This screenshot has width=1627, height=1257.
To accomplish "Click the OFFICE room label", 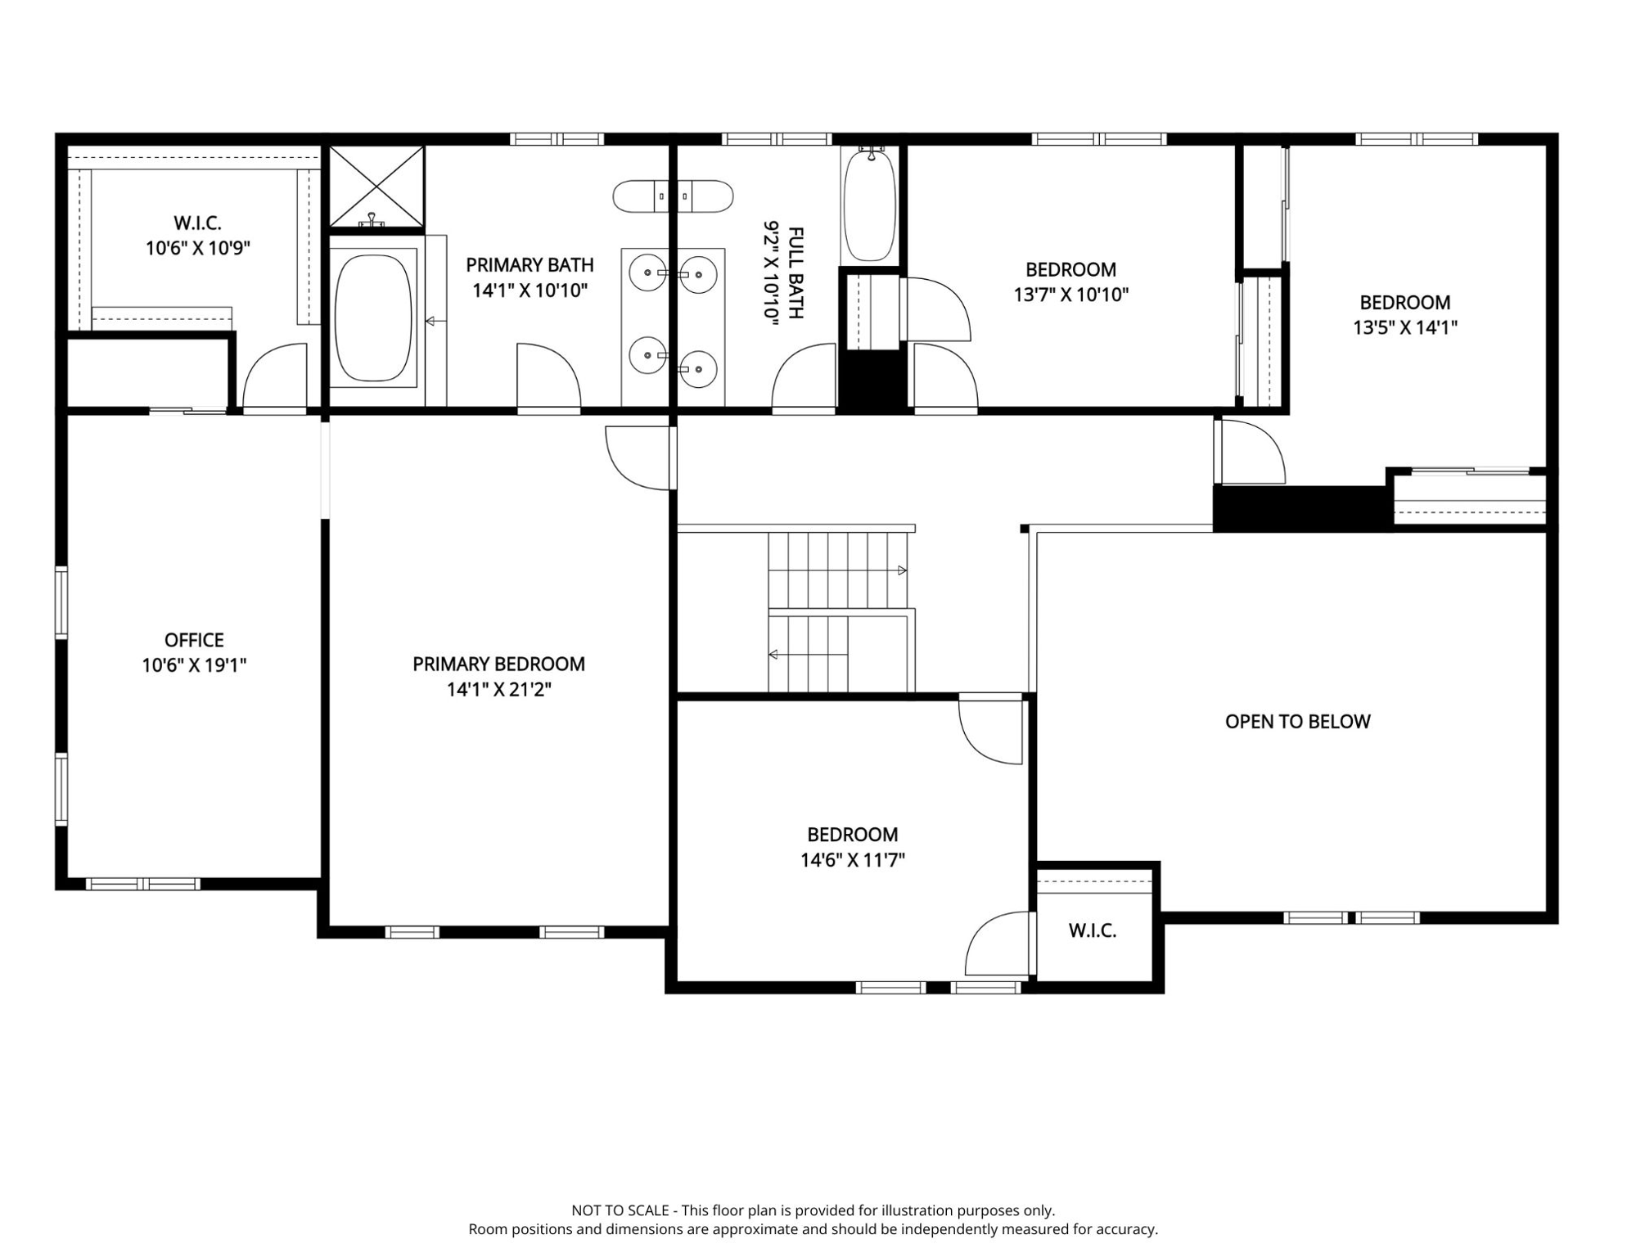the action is pyautogui.click(x=194, y=640).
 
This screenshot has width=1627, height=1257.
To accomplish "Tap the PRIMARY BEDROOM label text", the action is pyautogui.click(x=498, y=665).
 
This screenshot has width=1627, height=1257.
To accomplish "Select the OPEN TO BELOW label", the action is pyautogui.click(x=1297, y=722).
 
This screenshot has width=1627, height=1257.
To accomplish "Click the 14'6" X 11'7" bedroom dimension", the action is pyautogui.click(x=853, y=860).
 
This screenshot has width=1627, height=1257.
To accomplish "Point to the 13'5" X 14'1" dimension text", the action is pyautogui.click(x=1405, y=327).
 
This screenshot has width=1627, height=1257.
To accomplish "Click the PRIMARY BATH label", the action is pyautogui.click(x=530, y=265).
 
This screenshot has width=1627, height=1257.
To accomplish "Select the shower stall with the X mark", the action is pyautogui.click(x=376, y=186).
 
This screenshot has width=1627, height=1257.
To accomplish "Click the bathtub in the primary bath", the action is pyautogui.click(x=373, y=318).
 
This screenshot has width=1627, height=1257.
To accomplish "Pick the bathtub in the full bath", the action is pyautogui.click(x=870, y=205).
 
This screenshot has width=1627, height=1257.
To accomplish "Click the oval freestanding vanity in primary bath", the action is pyautogui.click(x=673, y=196).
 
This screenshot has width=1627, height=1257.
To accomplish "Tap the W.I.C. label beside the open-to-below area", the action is pyautogui.click(x=1093, y=930).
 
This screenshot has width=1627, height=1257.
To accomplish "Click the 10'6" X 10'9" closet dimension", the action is pyautogui.click(x=198, y=248).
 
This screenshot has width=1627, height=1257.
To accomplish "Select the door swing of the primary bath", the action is pyautogui.click(x=548, y=376).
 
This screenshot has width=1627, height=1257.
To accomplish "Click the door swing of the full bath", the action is pyautogui.click(x=804, y=376).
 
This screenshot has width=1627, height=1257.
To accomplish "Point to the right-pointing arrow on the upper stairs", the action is pyautogui.click(x=902, y=570).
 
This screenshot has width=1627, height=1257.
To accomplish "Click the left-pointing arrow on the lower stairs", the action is pyautogui.click(x=773, y=655).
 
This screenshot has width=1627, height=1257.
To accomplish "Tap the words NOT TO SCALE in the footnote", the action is pyautogui.click(x=620, y=1210).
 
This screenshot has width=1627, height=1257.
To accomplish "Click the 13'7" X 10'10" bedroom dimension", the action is pyautogui.click(x=1071, y=295).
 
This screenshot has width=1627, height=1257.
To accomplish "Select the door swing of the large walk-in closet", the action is pyautogui.click(x=275, y=376).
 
